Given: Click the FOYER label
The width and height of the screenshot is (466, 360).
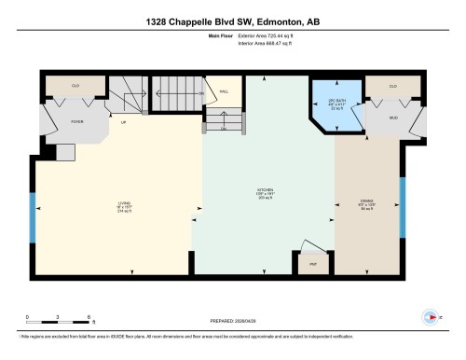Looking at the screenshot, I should [x=51, y=121].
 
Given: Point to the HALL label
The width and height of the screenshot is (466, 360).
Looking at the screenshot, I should [x=224, y=91].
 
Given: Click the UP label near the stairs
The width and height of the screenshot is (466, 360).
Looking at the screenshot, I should [x=123, y=122].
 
